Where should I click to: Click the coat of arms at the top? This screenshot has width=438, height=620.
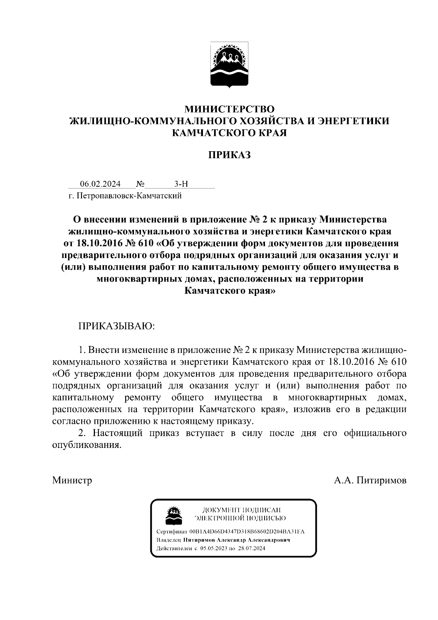229,65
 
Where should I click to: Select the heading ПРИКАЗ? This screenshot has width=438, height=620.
229,155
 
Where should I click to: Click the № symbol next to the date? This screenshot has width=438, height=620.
141,184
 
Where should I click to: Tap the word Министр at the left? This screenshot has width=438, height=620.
72,480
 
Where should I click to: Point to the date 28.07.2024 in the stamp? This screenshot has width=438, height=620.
251,548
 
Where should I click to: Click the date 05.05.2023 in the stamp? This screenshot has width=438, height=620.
214,548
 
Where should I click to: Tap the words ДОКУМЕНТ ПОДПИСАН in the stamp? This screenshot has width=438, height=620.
241,509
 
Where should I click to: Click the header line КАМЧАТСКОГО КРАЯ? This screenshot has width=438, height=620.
229,133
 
